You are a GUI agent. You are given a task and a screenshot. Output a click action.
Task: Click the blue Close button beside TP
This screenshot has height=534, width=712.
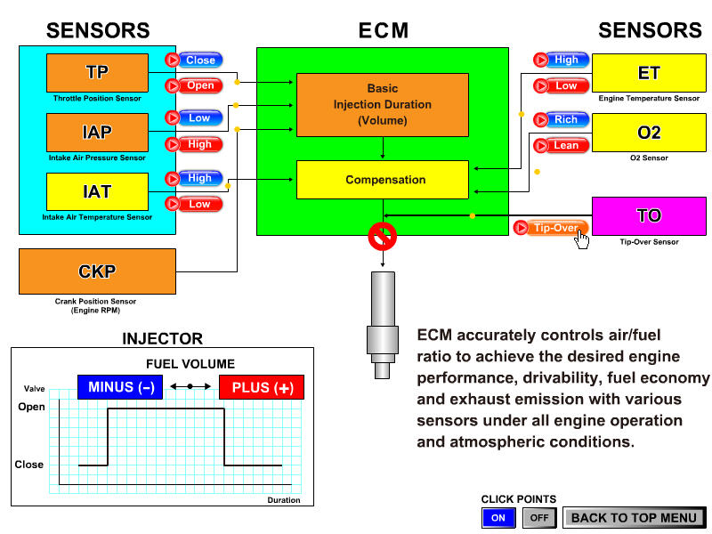pos(193,61)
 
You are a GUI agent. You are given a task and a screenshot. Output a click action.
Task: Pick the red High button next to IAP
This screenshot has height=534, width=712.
pos(193,144)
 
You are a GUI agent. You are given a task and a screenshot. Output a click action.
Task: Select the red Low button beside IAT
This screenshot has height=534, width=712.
pos(193,204)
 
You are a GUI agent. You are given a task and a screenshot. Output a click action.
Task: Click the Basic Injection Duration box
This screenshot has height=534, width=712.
pos(382,104)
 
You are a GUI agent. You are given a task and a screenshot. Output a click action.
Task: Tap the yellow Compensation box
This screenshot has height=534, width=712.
pos(382,180)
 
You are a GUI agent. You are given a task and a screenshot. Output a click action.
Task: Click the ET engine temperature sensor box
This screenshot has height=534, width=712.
pos(649,72)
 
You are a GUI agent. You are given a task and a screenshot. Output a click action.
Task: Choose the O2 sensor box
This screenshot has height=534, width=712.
pos(649,132)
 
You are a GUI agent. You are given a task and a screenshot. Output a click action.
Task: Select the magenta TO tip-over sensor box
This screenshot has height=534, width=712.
pos(649,216)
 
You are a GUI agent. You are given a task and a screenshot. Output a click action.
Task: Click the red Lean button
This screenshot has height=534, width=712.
pos(561,145)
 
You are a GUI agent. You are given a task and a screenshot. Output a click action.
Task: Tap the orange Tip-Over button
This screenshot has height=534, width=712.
pos(551,228)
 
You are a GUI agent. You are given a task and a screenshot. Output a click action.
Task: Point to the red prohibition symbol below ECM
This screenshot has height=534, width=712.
pos(382,236)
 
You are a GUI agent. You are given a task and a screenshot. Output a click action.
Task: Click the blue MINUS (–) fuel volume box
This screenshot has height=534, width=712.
pos(120,387)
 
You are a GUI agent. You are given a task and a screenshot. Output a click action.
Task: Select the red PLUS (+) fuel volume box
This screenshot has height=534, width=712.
pos(262,387)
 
